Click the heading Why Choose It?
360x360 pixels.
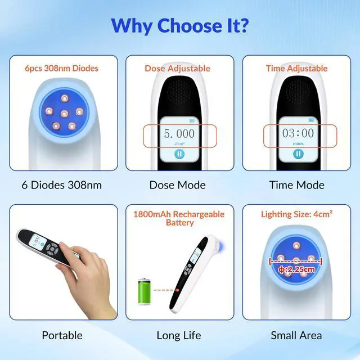(x=179, y=25)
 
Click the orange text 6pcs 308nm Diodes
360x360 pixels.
(x=62, y=69)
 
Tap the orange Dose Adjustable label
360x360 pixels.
(x=177, y=69)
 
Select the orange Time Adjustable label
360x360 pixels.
(x=296, y=69)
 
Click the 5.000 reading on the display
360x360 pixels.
(x=179, y=134)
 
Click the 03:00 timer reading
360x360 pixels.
(x=298, y=134)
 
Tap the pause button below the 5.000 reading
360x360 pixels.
(x=178, y=154)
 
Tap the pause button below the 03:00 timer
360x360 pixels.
(x=296, y=154)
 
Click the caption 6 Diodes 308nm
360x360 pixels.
(x=62, y=185)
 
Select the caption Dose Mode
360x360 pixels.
(x=178, y=185)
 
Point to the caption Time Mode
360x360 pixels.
(x=296, y=185)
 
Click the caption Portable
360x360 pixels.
(x=62, y=335)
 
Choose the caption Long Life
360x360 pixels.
(x=178, y=335)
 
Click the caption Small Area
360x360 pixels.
(x=296, y=335)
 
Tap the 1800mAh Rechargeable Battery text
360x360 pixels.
(x=178, y=218)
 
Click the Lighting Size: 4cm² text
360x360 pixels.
(x=296, y=214)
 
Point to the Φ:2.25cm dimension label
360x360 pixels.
(x=297, y=269)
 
